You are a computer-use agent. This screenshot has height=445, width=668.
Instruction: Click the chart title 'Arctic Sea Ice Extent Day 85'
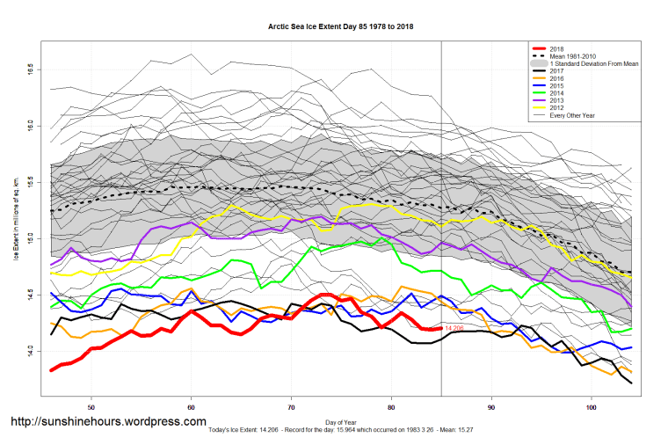click(340, 26)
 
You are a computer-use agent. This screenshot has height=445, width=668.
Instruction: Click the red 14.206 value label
click(454, 328)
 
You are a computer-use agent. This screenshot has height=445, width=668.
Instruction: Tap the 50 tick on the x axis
click(91, 406)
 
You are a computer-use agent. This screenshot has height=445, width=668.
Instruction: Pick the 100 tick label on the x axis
click(592, 406)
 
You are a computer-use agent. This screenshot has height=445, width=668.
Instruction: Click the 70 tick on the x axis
click(292, 406)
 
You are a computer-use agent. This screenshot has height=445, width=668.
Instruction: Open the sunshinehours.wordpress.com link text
click(109, 422)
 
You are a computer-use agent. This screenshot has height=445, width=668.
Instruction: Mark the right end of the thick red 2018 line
click(440, 328)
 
